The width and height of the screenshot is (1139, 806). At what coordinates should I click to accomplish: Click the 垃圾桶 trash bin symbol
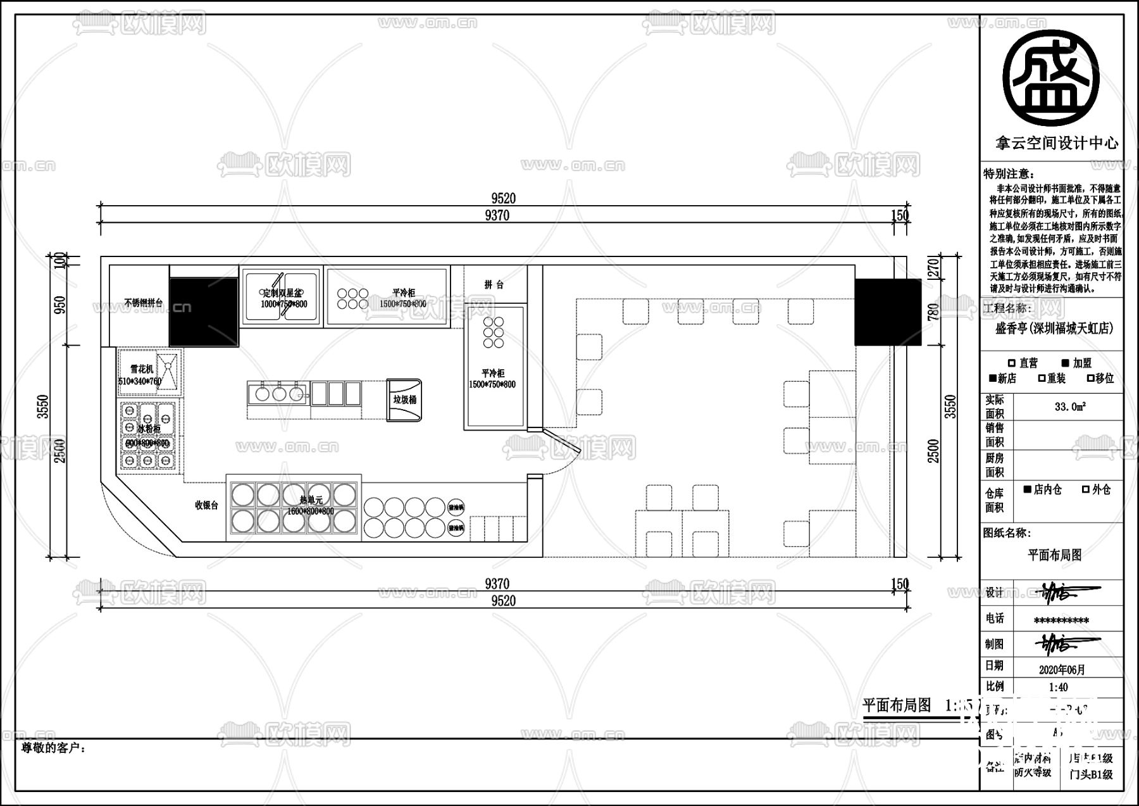pos(404,400)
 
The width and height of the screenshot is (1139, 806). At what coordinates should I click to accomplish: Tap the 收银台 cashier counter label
pos(206,505)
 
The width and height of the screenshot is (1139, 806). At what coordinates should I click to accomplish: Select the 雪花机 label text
pos(142,368)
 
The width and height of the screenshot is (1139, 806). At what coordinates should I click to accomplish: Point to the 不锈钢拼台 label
pos(143,303)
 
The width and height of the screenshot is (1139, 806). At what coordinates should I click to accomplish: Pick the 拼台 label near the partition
pos(494,285)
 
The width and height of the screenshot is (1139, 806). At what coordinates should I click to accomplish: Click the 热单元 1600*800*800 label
pos(310,505)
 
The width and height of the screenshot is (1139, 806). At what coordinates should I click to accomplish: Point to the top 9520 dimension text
pos(503,198)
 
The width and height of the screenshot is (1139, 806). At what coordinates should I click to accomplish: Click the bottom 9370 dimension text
pos(497,584)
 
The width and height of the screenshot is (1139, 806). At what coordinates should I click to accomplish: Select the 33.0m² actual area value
pos(1070,407)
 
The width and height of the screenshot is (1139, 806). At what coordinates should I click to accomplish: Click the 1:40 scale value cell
pos(1058,687)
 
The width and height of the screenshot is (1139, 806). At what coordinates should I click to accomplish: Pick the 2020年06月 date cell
pos(1062,669)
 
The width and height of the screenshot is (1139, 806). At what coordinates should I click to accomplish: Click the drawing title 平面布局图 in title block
pos(1054,555)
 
